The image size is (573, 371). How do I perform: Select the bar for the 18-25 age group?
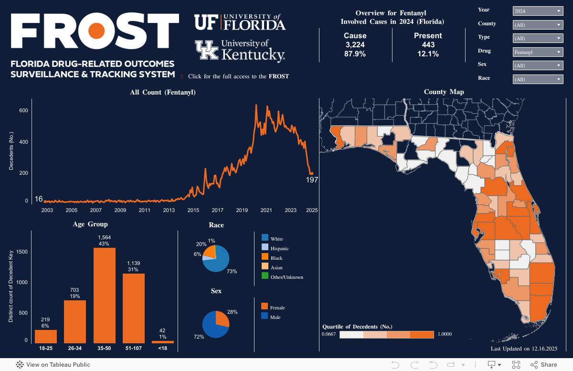pyautogui.click(x=46, y=336)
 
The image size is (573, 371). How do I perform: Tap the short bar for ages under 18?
pyautogui.click(x=163, y=342)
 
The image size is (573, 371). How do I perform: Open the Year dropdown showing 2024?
pyautogui.click(x=538, y=11)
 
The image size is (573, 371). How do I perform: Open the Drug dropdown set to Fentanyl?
pyautogui.click(x=538, y=52)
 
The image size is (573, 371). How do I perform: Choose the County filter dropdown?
pyautogui.click(x=538, y=25)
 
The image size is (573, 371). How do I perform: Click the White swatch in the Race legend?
pyautogui.click(x=265, y=237)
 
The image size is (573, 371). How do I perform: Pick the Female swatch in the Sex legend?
pyautogui.click(x=265, y=307)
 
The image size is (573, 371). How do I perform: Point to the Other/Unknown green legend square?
pyautogui.click(x=265, y=276)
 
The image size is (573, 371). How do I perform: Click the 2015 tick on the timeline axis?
pyautogui.click(x=193, y=210)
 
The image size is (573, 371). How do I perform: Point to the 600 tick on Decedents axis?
pyautogui.click(x=24, y=111)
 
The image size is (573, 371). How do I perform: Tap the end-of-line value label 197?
pyautogui.click(x=312, y=180)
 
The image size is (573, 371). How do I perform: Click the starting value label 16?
pyautogui.click(x=39, y=199)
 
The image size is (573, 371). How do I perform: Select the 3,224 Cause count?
pyautogui.click(x=355, y=45)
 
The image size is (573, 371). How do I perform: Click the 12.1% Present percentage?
pyautogui.click(x=428, y=54)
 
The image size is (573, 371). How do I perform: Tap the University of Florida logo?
pyautogui.click(x=240, y=22)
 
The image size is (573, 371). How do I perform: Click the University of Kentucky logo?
pyautogui.click(x=240, y=50)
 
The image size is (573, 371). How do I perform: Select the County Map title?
pyautogui.click(x=444, y=92)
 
